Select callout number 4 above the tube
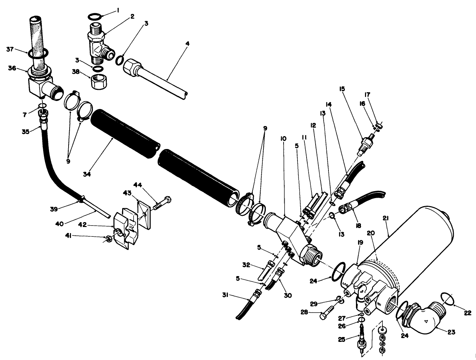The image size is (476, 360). pos(188,45)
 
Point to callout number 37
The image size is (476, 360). pos(10,49)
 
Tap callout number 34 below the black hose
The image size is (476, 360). pos(87,174)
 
